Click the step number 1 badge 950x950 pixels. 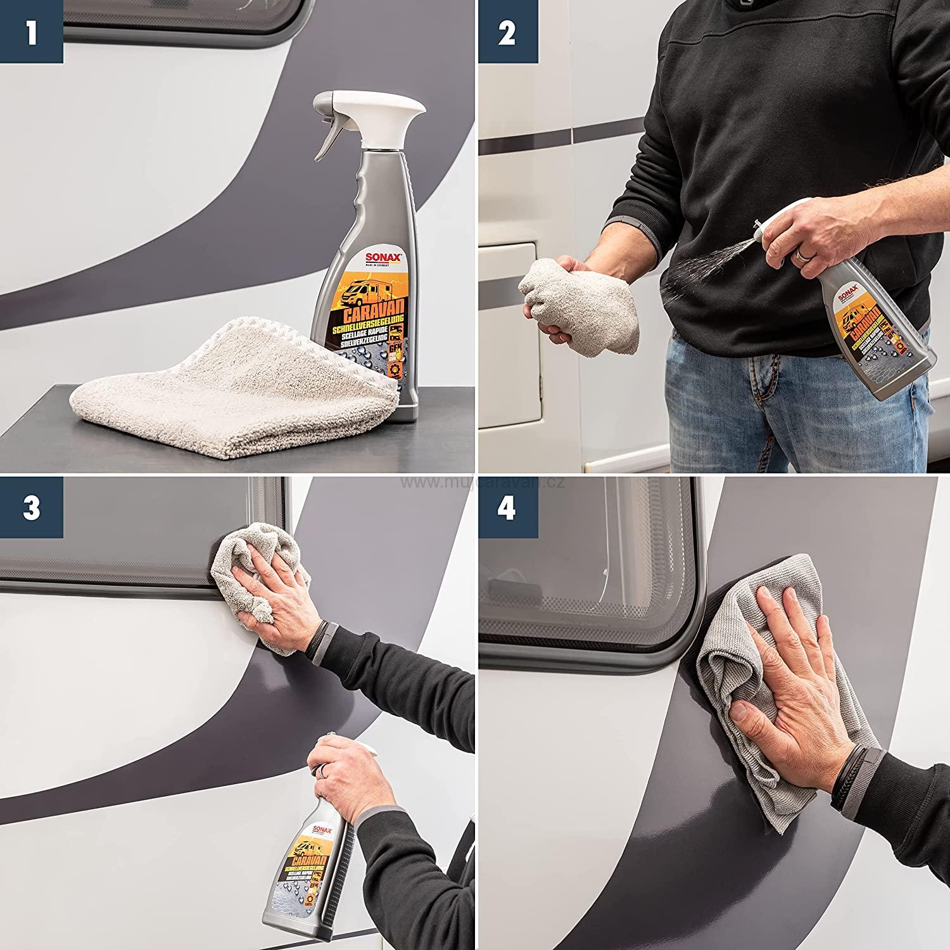[x=31, y=32]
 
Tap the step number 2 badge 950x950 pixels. [x=507, y=32]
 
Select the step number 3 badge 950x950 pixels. [x=31, y=509]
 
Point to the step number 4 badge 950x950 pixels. [x=507, y=509]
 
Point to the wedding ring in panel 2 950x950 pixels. [x=802, y=255]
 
